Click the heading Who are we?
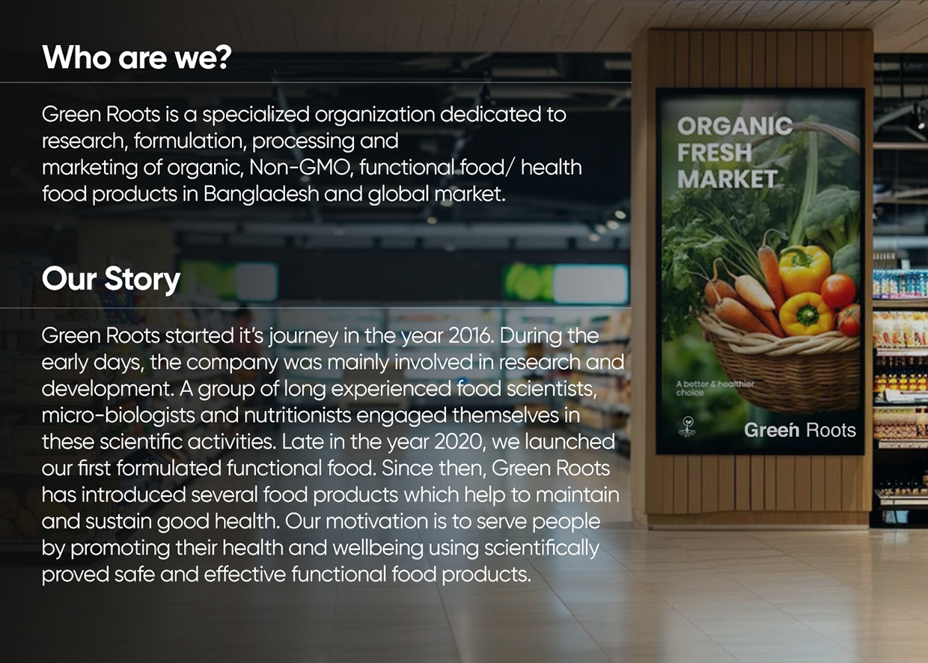point(135,58)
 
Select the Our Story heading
point(111,279)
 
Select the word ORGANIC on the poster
point(734,126)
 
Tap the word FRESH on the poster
point(715,153)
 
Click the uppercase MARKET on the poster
point(727,180)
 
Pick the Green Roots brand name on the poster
point(799,430)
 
